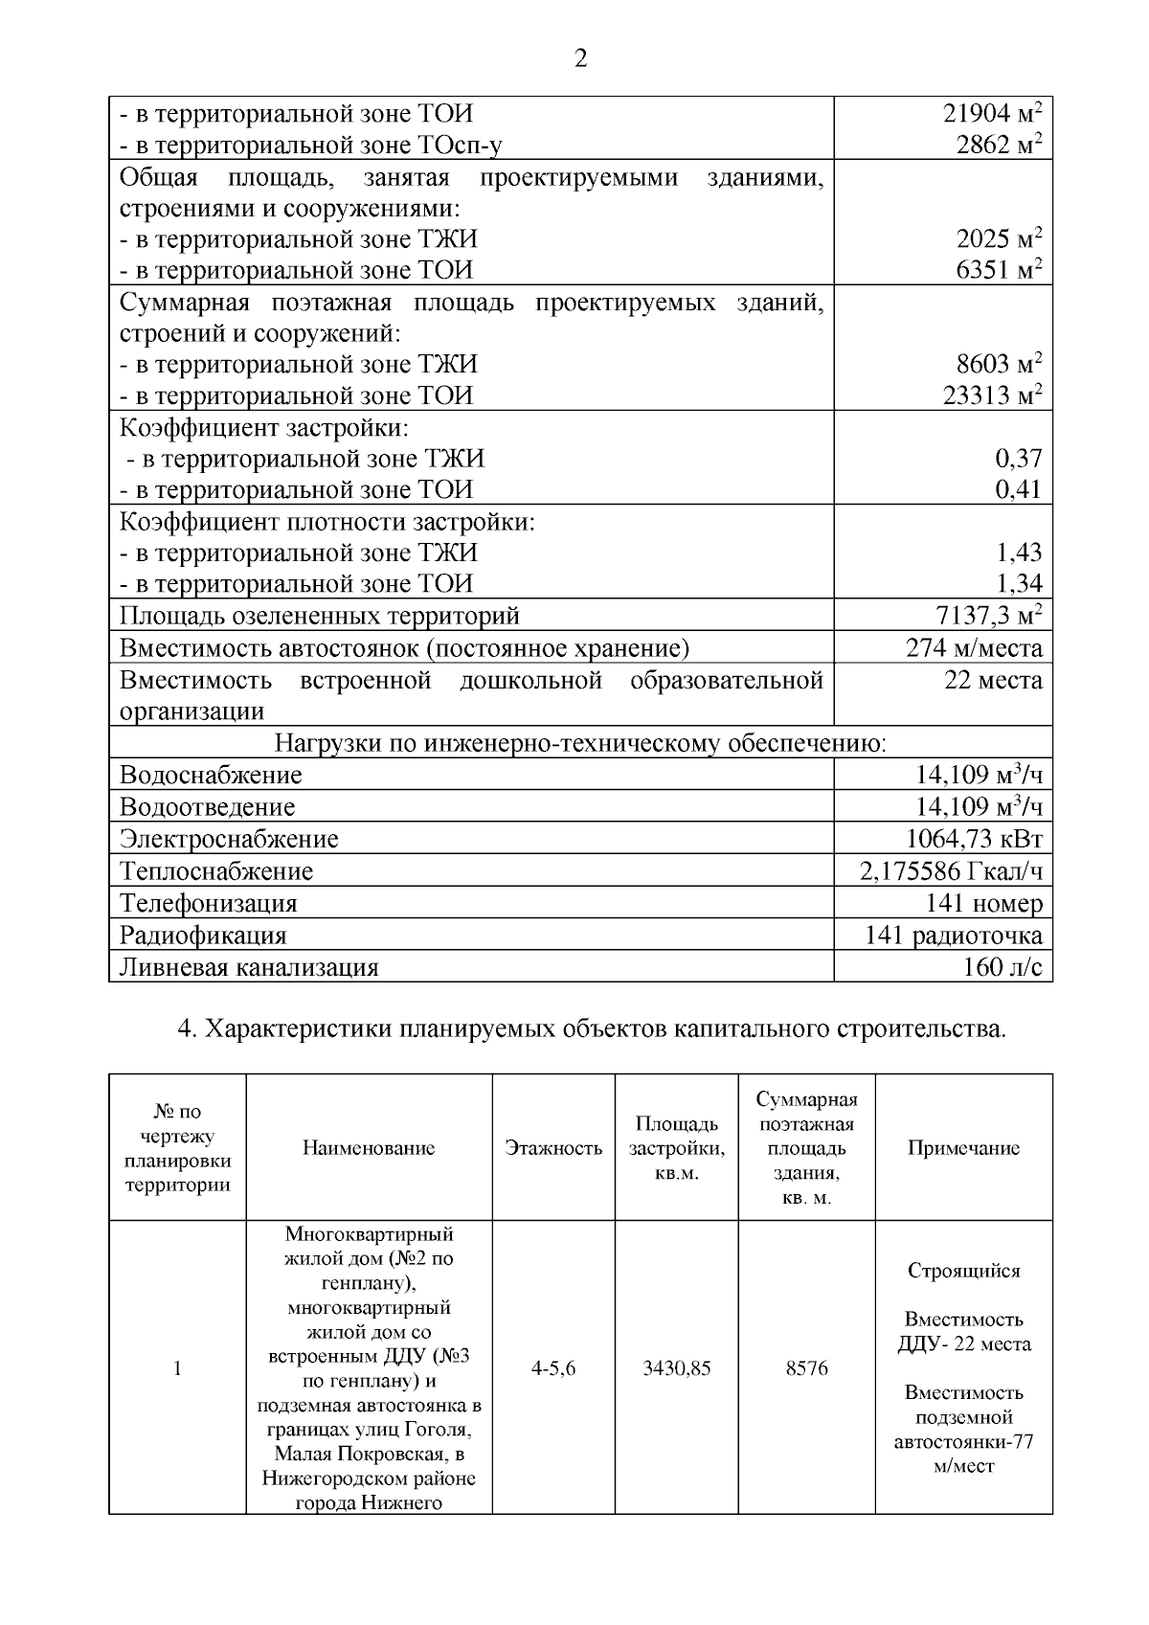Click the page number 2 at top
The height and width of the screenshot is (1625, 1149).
[x=579, y=59]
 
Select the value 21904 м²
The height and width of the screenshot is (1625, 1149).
[x=992, y=114]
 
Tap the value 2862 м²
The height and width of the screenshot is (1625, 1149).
[x=999, y=145]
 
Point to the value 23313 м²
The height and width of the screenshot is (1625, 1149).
[x=992, y=395]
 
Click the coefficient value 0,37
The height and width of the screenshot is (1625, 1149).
[x=1018, y=458]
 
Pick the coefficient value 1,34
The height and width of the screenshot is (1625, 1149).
[x=1019, y=582]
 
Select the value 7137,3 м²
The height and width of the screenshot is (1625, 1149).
[x=988, y=614]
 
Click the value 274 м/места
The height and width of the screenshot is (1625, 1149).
[x=974, y=647]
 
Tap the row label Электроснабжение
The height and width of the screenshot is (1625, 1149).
[x=229, y=839]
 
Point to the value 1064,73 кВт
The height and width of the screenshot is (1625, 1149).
[x=974, y=839]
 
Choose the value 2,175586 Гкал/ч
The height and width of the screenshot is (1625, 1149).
[x=952, y=870]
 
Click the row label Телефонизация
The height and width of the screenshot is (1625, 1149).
[x=209, y=903]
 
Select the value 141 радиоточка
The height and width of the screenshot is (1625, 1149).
[x=953, y=935]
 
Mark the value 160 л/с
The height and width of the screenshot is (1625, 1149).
[x=1002, y=966]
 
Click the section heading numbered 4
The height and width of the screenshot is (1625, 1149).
[x=592, y=1029]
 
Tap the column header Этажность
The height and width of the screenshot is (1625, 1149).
[x=553, y=1147]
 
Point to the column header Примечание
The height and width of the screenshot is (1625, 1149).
[x=963, y=1147]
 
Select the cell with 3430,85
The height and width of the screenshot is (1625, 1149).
[x=676, y=1367]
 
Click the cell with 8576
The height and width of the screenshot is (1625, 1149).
[x=806, y=1367]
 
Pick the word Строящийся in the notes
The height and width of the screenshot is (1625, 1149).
[x=963, y=1271]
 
